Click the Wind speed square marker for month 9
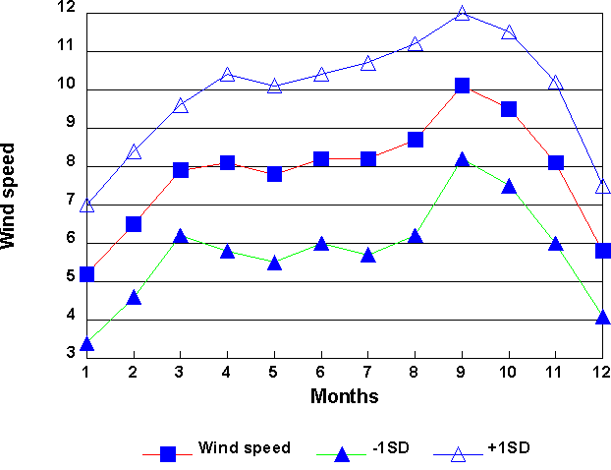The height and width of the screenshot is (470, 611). [x=462, y=86]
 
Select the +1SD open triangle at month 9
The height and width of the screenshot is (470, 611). [x=462, y=14]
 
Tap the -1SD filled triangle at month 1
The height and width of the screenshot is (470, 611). [x=86, y=343]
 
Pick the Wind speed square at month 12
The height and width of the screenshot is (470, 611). [x=602, y=251]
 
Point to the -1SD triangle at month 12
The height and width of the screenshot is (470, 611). [x=602, y=317]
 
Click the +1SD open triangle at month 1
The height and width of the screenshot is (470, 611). [x=86, y=206]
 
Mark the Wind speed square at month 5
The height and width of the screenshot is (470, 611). [x=274, y=174]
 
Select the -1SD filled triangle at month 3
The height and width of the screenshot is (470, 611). [x=180, y=237]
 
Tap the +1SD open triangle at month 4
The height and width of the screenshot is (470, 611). [x=227, y=75]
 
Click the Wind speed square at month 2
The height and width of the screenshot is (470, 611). [x=134, y=224]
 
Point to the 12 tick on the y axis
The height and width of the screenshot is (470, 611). [x=66, y=8]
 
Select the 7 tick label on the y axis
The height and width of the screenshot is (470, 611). [x=71, y=200]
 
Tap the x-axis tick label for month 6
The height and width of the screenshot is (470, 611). [x=321, y=372]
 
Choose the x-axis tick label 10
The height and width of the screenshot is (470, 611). [x=509, y=372]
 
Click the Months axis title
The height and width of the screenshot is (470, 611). [x=344, y=396]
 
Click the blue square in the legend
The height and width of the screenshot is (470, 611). [x=168, y=453]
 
